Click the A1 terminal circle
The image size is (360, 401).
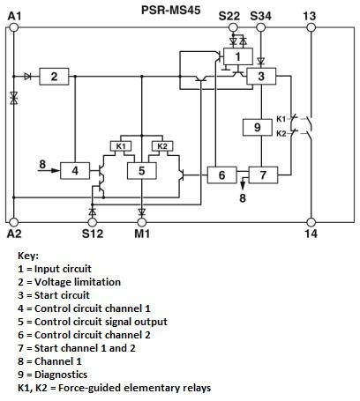[13, 27]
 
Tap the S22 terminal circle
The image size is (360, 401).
[233, 27]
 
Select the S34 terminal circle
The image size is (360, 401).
[260, 27]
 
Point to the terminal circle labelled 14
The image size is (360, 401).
[311, 222]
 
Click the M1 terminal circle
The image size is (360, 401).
[142, 222]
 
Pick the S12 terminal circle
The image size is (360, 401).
[93, 222]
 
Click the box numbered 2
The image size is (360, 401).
[54, 77]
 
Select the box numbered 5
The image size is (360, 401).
[142, 170]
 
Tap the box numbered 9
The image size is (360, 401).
[258, 127]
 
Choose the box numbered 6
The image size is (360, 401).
[222, 175]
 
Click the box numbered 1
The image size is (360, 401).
[238, 56]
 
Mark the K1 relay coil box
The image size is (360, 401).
[121, 146]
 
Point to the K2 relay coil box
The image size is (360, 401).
[162, 146]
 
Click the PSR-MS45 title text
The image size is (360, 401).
[170, 10]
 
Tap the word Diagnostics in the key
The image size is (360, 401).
[61, 375]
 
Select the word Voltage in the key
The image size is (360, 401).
[53, 282]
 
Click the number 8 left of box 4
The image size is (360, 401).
[42, 164]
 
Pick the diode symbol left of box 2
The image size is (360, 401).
[28, 77]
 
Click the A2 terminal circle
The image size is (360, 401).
[13, 222]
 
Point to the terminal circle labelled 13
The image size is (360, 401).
[311, 27]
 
